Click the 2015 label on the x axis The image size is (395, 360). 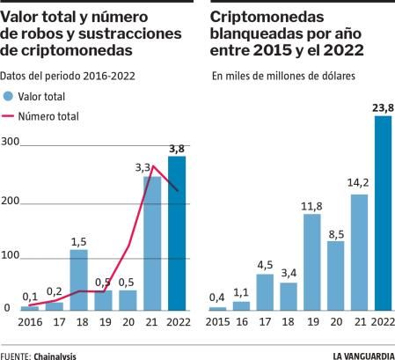tap(216, 321)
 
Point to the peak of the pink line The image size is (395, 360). tap(153, 166)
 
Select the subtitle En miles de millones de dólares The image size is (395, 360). tap(283, 77)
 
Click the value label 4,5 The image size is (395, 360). tap(265, 264)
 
